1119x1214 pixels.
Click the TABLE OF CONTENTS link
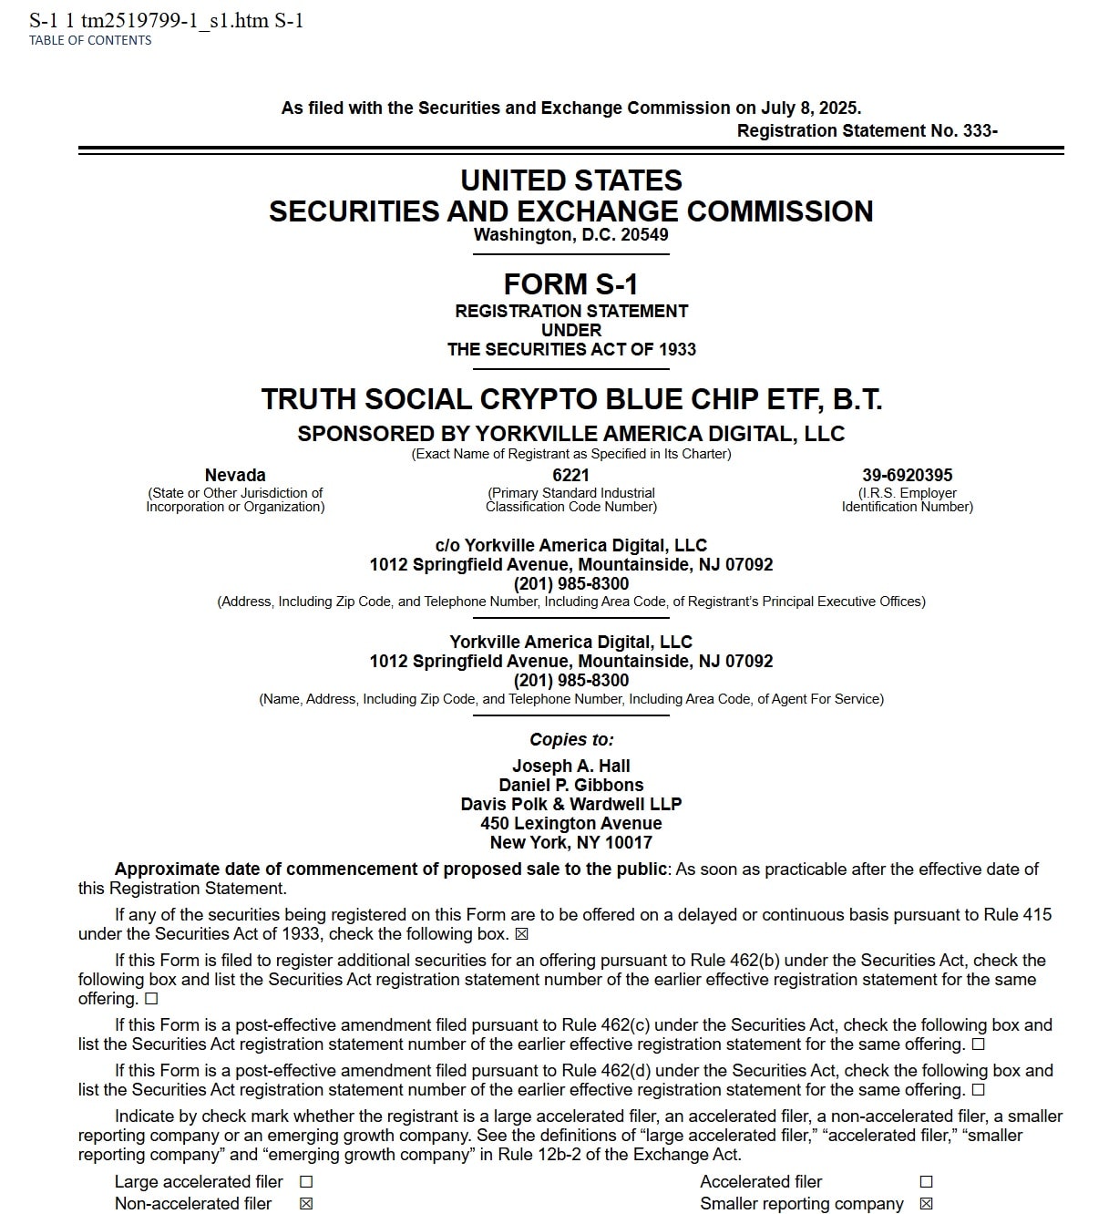point(90,40)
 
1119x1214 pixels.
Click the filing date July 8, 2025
point(810,108)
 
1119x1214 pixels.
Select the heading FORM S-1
point(571,284)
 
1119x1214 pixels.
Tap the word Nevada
point(235,475)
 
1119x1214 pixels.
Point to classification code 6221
point(571,475)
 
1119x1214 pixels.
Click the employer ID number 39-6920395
point(907,475)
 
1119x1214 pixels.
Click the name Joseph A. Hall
point(571,766)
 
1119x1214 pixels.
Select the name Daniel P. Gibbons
point(571,785)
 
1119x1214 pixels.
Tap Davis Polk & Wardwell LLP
point(571,804)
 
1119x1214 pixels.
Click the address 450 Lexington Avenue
point(571,823)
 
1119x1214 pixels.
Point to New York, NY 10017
point(571,842)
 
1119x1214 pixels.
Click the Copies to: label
point(571,739)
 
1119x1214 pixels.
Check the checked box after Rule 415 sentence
point(522,934)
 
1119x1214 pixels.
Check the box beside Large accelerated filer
point(306,1181)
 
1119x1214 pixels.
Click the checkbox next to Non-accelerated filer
point(306,1204)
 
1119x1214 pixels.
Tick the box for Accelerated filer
point(926,1181)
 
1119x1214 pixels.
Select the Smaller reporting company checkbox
point(926,1204)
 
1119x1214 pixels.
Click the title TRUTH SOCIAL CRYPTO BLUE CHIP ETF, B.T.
point(571,399)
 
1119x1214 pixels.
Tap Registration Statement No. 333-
point(867,130)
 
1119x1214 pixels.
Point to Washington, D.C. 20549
point(571,234)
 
